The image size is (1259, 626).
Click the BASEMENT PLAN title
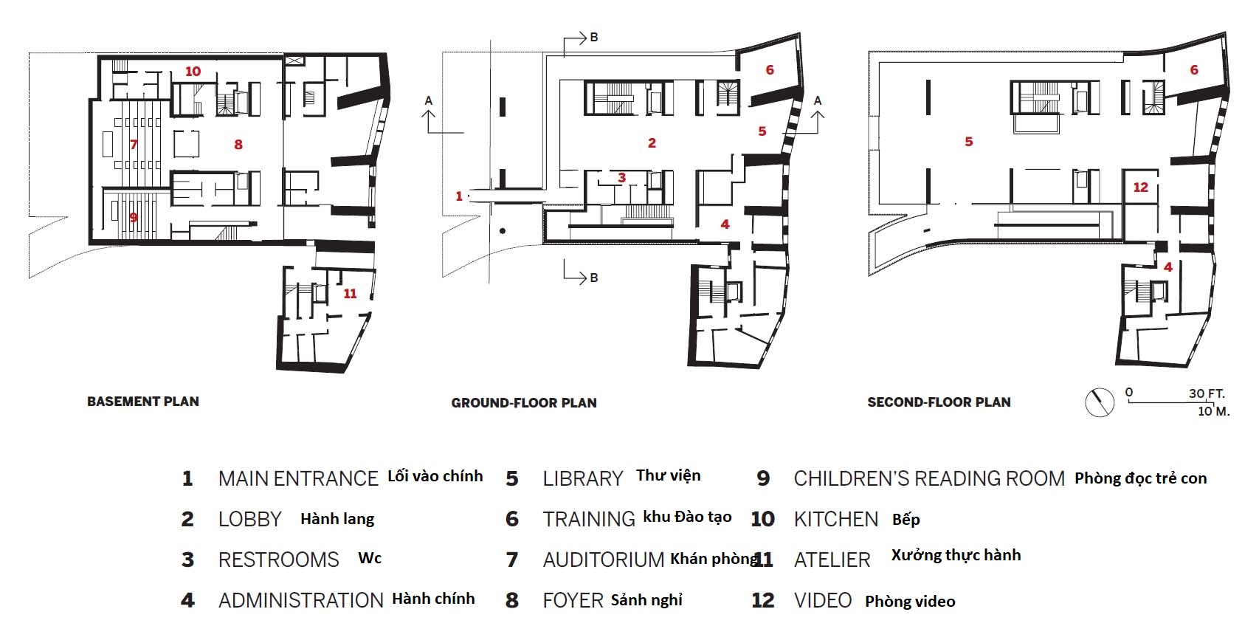[142, 402]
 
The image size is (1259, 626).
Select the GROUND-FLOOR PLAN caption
[524, 403]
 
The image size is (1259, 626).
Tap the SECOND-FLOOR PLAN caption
[939, 402]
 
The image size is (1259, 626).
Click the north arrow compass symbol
[1100, 403]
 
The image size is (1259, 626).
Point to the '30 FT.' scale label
[1206, 393]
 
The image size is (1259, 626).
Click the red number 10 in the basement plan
[193, 72]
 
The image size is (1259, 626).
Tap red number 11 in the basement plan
[350, 294]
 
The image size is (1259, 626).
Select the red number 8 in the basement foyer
[238, 145]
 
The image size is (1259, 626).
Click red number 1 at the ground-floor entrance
[458, 196]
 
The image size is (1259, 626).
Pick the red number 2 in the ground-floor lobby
[652, 143]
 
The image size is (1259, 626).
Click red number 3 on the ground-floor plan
[621, 178]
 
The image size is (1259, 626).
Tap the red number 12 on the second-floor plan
[1140, 188]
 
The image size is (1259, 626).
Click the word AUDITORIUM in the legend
[604, 560]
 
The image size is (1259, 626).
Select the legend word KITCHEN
[836, 519]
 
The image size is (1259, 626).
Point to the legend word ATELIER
[832, 560]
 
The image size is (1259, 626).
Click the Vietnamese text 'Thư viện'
[669, 476]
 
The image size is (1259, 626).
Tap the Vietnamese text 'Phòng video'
[910, 601]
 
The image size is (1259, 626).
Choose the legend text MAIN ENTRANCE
[298, 478]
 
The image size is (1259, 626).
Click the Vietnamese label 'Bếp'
[906, 519]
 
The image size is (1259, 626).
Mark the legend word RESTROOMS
[278, 560]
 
